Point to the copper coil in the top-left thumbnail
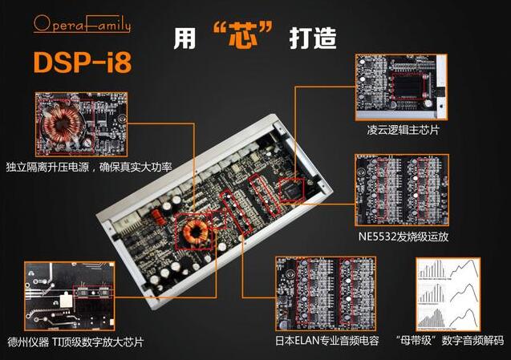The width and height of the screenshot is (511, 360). (59, 127)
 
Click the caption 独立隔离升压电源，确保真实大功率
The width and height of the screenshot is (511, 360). (88, 168)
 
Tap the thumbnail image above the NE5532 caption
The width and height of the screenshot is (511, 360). (401, 191)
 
